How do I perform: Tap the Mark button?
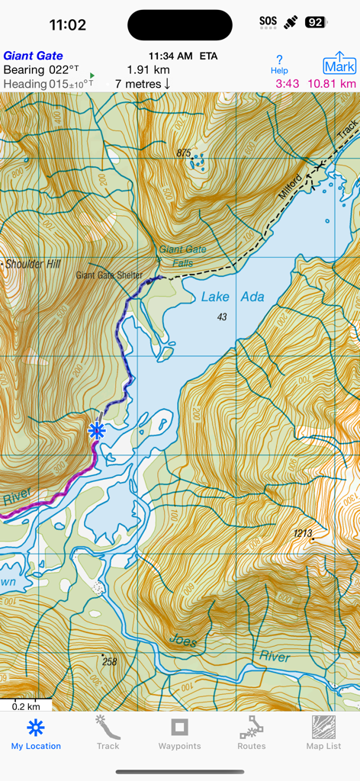tap(339, 63)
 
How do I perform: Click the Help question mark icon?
tap(280, 64)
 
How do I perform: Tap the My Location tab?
tap(36, 734)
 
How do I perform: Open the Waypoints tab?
tap(179, 734)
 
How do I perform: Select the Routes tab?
tap(251, 734)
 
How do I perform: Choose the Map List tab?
tap(323, 734)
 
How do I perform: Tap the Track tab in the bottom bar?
tap(108, 734)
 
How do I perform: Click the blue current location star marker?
tap(96, 431)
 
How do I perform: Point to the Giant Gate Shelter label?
tap(109, 275)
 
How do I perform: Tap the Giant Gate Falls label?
tap(182, 256)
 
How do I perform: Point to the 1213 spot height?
tap(303, 534)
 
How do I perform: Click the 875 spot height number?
tap(183, 153)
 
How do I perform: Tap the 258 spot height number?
tap(109, 662)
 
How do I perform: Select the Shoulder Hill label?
tap(32, 265)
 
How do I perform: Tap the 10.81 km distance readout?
tap(331, 84)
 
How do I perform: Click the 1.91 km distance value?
tap(148, 69)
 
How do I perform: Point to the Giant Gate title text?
tap(33, 56)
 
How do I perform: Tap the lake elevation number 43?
tap(222, 317)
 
